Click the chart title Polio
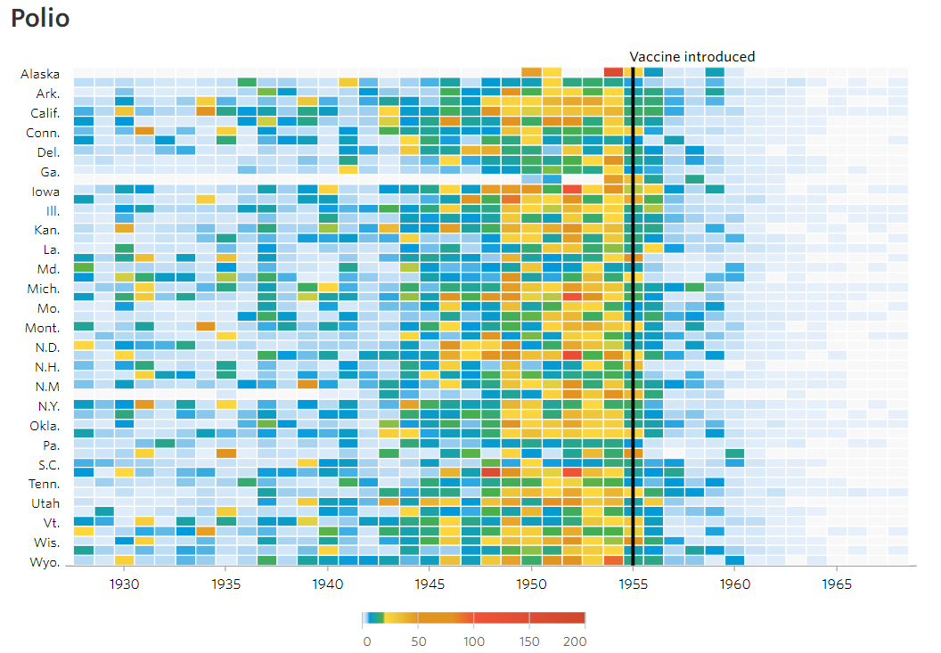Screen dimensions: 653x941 [40, 19]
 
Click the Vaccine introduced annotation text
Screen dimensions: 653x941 [691, 57]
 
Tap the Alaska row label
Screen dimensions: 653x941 [40, 74]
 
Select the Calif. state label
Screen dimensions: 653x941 [43, 113]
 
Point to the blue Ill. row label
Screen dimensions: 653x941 [53, 210]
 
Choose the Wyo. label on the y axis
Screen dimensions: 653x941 [45, 562]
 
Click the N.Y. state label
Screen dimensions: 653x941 [45, 405]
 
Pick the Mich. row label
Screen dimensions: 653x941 [43, 289]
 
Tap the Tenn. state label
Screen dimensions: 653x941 [43, 484]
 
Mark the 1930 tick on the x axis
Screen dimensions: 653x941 [124, 584]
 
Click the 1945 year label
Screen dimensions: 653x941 [430, 584]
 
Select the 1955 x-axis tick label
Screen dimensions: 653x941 [633, 584]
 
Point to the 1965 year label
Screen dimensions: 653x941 [837, 584]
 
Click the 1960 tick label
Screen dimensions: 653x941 [735, 584]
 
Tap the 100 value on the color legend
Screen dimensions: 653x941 [474, 641]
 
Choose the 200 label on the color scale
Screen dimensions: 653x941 [575, 641]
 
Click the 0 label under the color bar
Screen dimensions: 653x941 [366, 641]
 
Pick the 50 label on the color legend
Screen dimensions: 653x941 [418, 641]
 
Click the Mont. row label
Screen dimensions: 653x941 [43, 328]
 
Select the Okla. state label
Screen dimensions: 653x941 [44, 425]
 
